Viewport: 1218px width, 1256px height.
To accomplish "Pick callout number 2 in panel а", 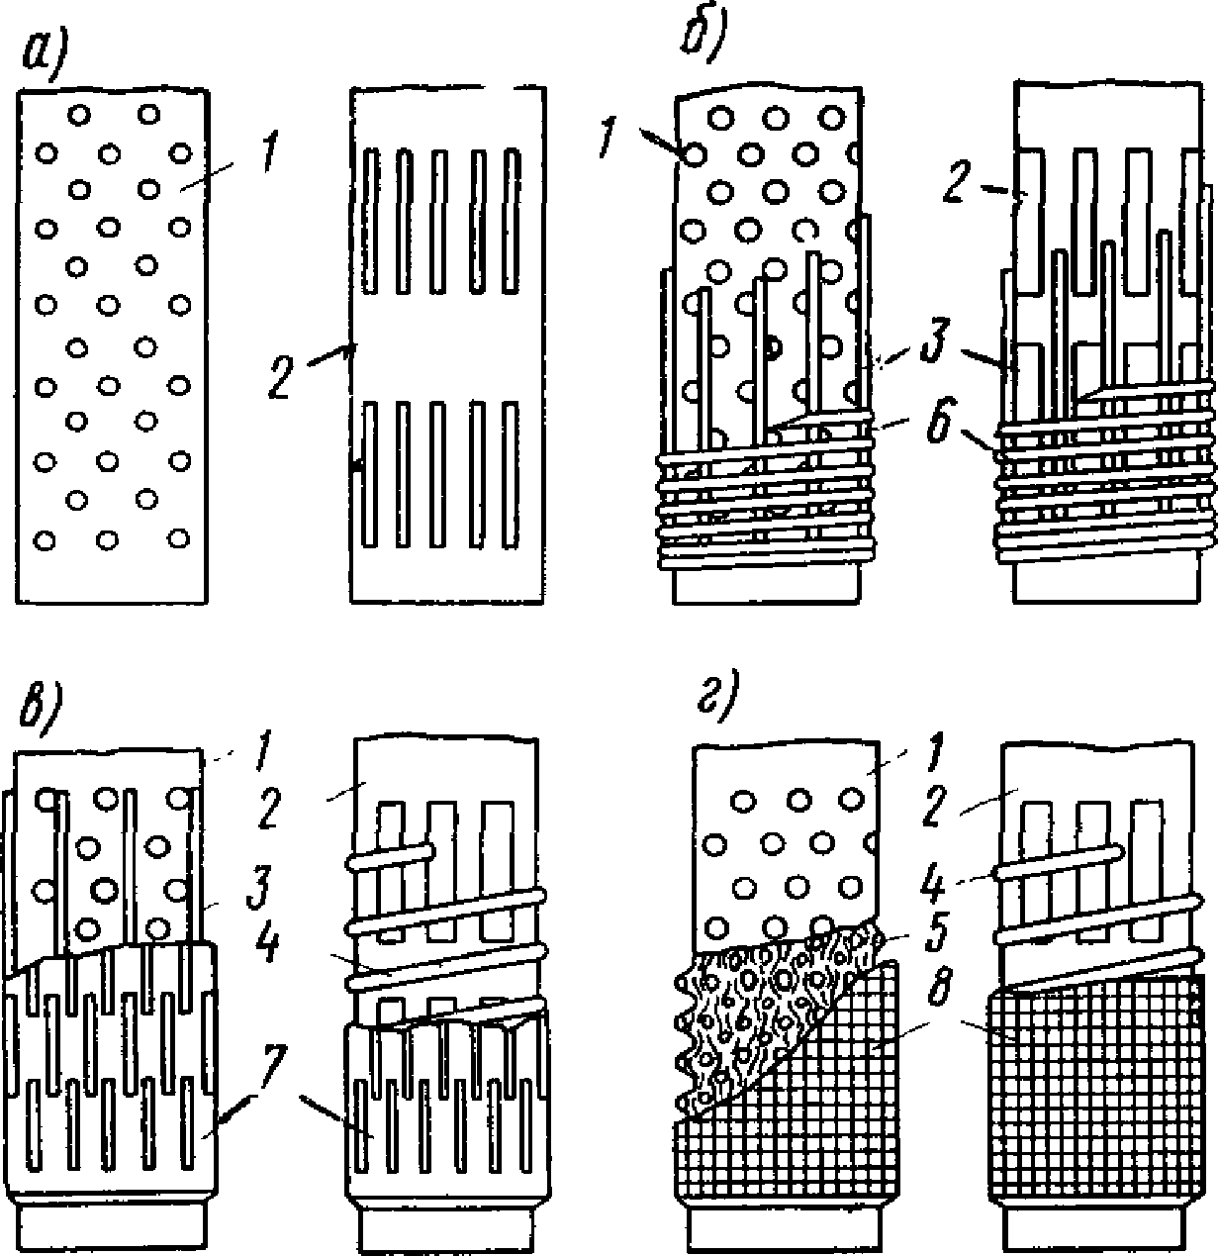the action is [x=281, y=376].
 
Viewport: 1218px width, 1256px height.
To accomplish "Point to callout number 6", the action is [x=939, y=422].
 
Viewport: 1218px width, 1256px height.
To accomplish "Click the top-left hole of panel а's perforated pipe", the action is [x=80, y=116].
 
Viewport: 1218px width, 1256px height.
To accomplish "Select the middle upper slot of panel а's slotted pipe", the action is [x=439, y=222].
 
